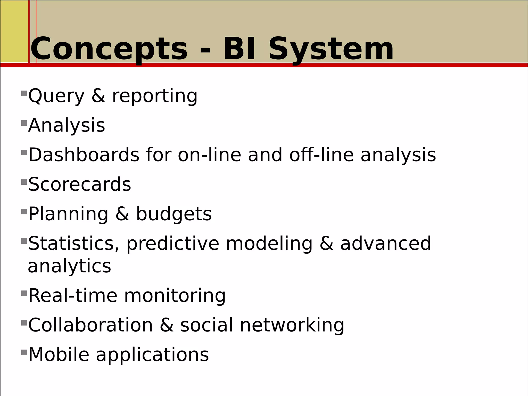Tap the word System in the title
coord(331,49)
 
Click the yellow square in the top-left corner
coord(14,31)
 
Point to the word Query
coord(56,96)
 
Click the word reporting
coord(155,96)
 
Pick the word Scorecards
coord(80,184)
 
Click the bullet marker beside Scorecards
coord(24,182)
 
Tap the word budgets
coord(174,214)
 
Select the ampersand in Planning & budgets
coord(122,214)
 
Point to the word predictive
coord(172,244)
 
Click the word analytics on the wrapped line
coord(69,266)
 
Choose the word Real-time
coord(73,296)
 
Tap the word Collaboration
coord(90,325)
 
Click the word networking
coord(292,325)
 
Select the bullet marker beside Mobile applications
coord(24,352)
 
